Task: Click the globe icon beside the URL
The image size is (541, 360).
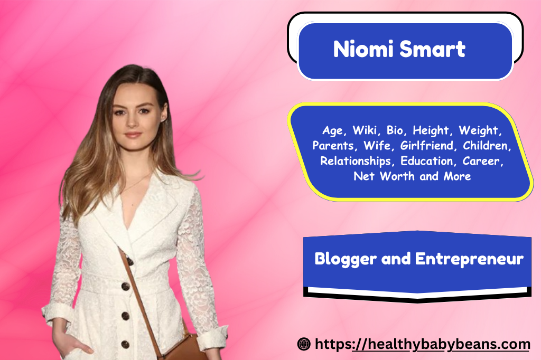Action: click(x=304, y=345)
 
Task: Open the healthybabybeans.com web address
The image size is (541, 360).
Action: click(x=423, y=345)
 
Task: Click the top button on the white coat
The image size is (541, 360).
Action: click(x=126, y=287)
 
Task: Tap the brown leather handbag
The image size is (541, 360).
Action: click(x=182, y=348)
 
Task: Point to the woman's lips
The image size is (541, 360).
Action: click(x=133, y=135)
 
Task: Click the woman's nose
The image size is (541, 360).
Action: click(x=132, y=123)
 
